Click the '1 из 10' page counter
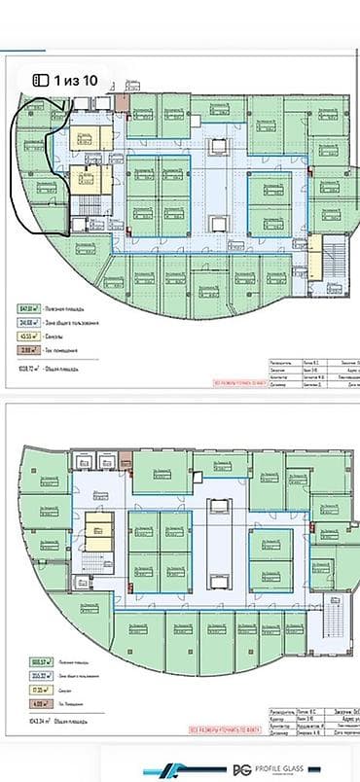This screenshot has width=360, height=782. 76,82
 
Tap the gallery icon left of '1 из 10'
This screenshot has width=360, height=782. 41,82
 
